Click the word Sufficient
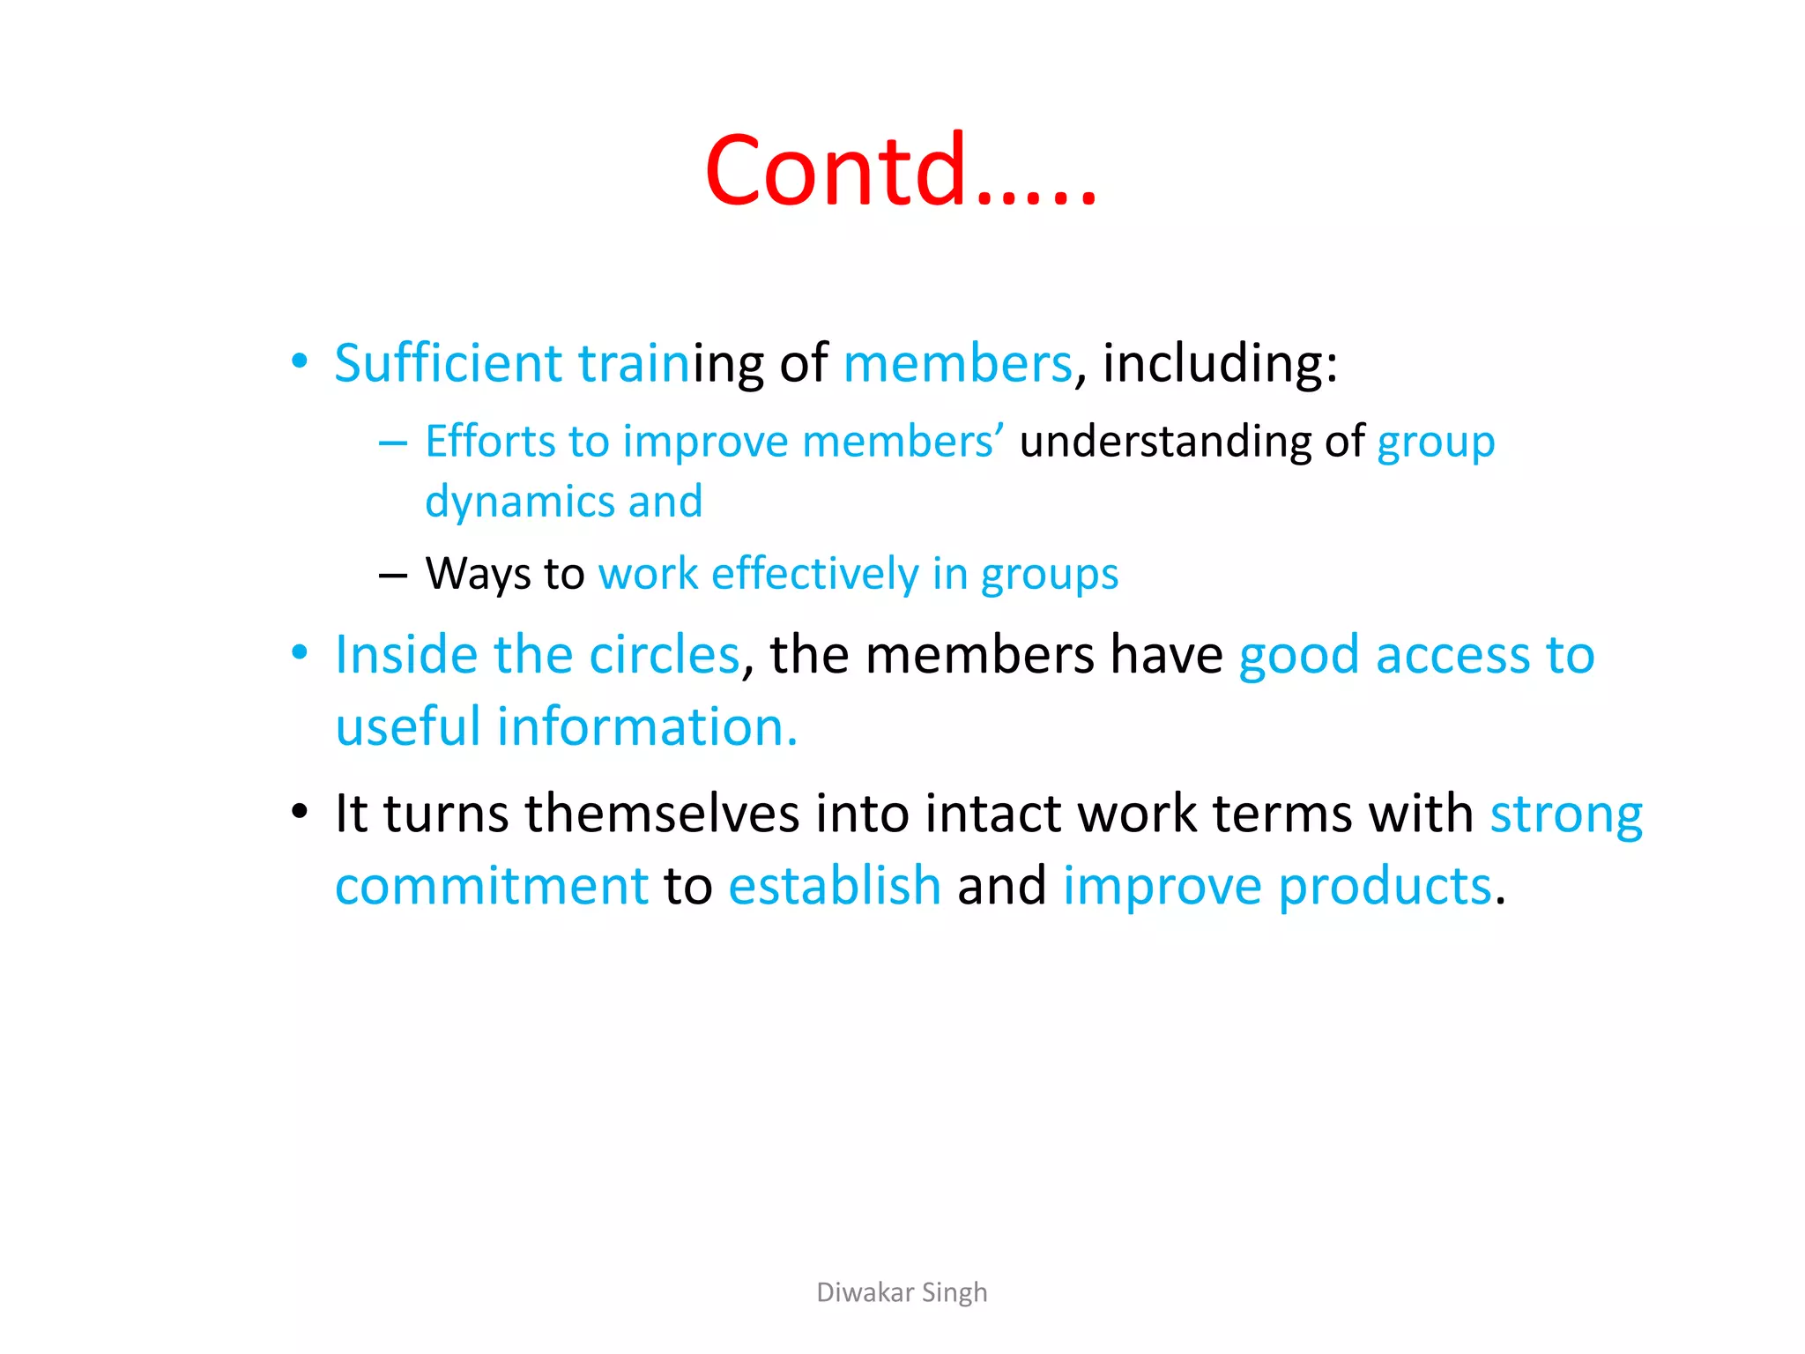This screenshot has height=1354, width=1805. tap(448, 363)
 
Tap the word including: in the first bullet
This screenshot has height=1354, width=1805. tap(1220, 363)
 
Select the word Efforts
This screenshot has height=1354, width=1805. tap(490, 441)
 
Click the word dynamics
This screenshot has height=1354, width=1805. tap(519, 502)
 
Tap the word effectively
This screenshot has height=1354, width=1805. tap(814, 574)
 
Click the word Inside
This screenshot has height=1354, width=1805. tap(406, 655)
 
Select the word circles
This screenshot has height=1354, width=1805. tap(664, 655)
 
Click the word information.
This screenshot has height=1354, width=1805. tap(647, 727)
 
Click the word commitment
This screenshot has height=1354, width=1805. tap(492, 886)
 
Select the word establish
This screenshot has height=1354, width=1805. tap(835, 886)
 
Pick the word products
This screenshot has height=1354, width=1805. tap(1385, 886)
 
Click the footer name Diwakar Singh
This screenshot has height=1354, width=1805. tap(902, 1292)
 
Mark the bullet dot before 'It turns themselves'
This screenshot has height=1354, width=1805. tap(300, 811)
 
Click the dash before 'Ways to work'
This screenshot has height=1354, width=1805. tap(392, 576)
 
